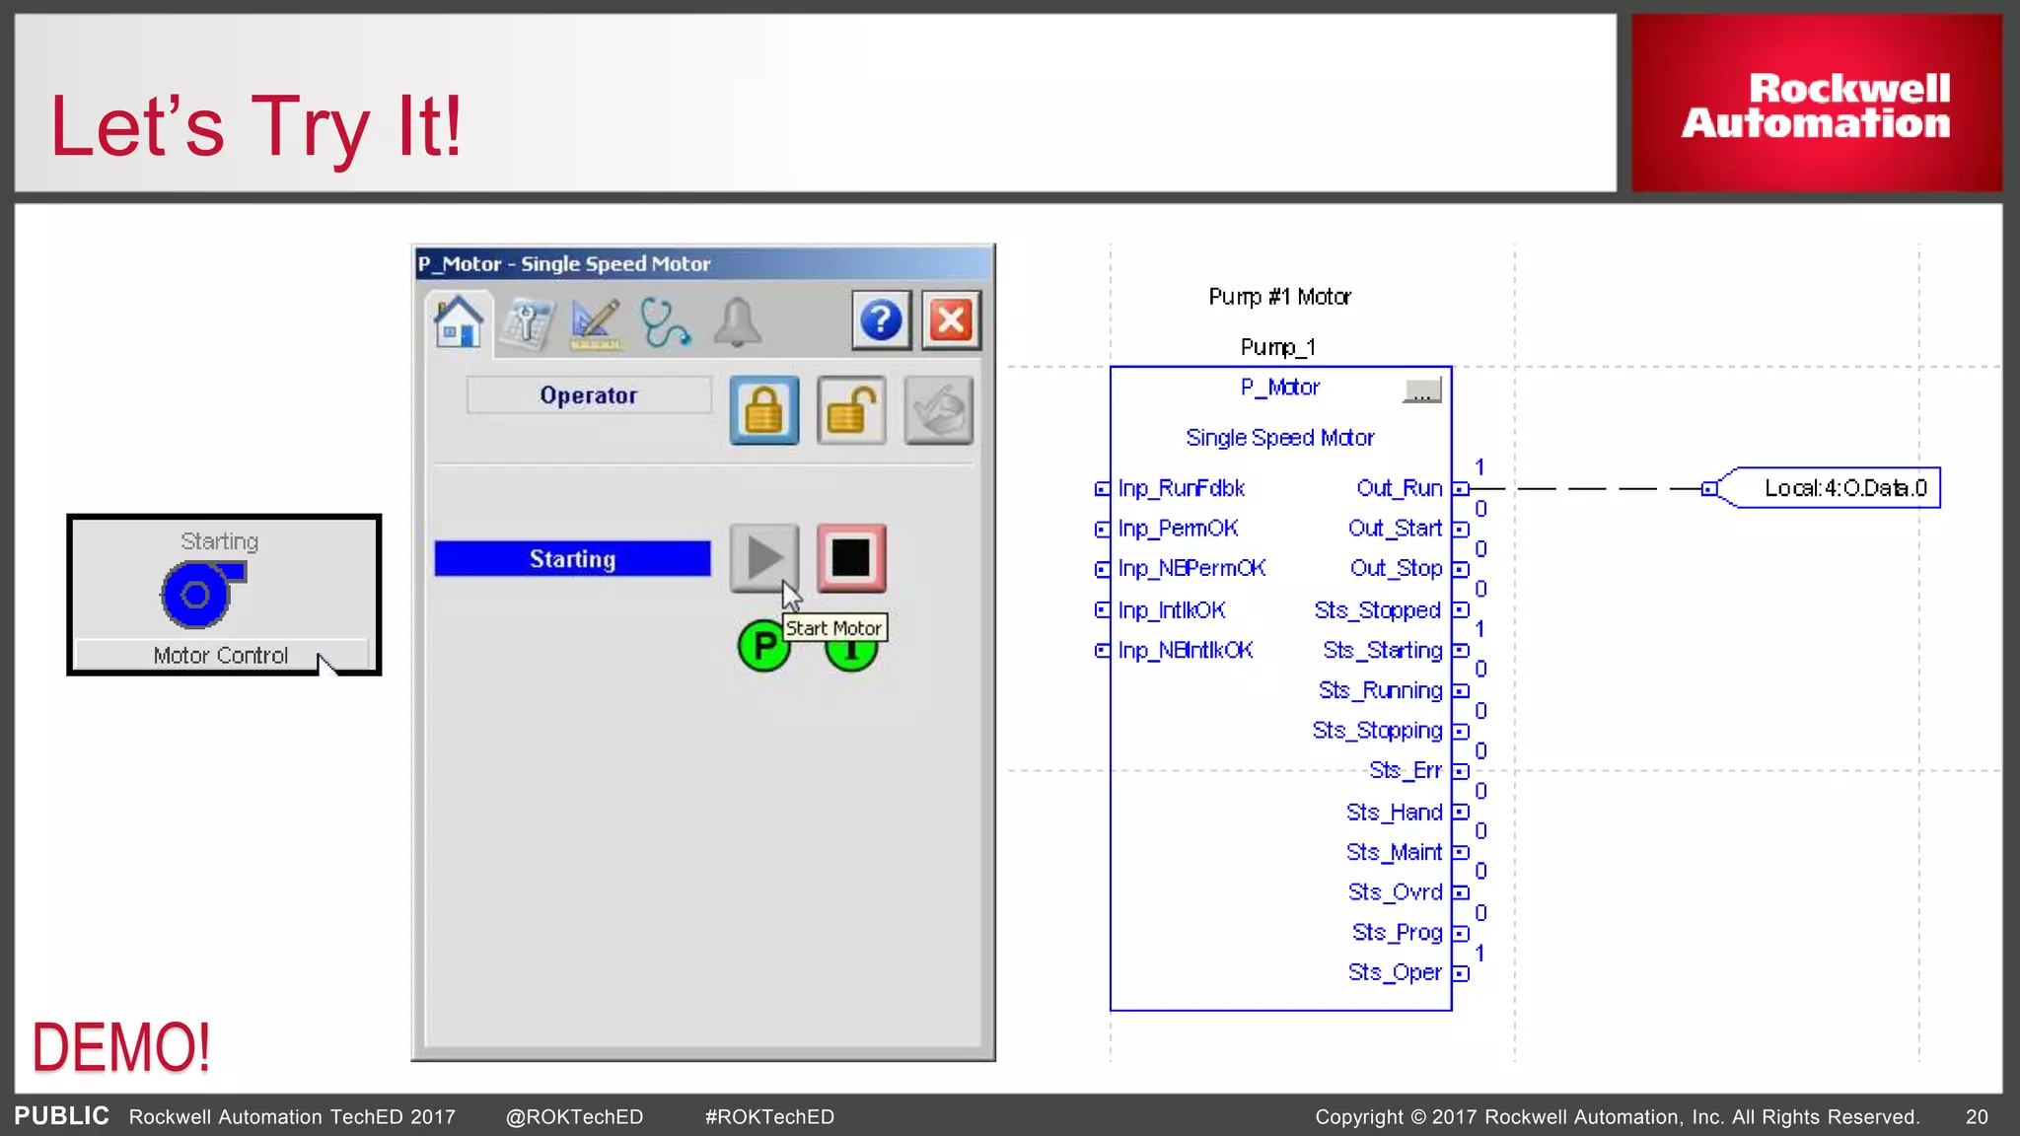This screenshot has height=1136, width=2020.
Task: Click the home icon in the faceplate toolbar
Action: click(x=459, y=321)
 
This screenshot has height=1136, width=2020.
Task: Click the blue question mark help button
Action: click(x=881, y=320)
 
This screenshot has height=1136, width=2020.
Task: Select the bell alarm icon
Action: click(x=738, y=322)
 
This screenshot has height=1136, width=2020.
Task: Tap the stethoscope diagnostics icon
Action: click(x=665, y=322)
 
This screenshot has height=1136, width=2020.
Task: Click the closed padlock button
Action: click(x=764, y=409)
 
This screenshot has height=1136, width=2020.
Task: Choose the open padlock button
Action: click(x=851, y=409)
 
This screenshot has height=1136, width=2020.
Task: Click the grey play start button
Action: click(x=764, y=557)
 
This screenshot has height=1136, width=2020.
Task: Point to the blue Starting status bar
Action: click(x=572, y=558)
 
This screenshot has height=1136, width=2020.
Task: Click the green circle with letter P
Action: click(x=763, y=647)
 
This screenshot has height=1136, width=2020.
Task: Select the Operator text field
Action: click(x=589, y=395)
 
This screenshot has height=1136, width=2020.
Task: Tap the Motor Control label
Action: click(x=221, y=656)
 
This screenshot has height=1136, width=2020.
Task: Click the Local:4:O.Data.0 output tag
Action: click(x=1844, y=488)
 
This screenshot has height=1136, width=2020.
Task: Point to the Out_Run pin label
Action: click(x=1399, y=488)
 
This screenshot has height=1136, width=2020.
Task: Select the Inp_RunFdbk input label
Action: click(x=1181, y=488)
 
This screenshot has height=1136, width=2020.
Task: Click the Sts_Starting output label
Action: click(x=1382, y=651)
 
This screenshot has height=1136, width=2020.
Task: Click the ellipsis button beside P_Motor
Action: click(x=1421, y=390)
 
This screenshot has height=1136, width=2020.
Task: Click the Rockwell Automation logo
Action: click(x=1816, y=104)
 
